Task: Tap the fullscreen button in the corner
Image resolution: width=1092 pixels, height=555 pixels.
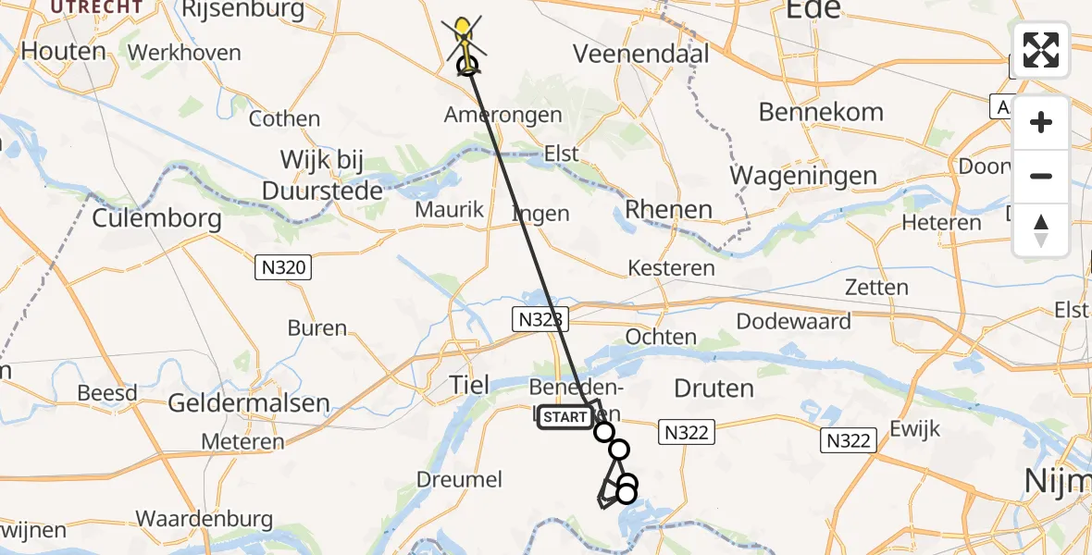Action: (x=1041, y=50)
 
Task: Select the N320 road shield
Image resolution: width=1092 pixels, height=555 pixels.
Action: (x=284, y=268)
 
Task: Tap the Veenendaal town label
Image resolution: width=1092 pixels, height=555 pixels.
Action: (x=634, y=55)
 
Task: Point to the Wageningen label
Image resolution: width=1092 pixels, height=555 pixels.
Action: (x=803, y=175)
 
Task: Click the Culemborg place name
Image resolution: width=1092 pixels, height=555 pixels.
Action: (x=156, y=219)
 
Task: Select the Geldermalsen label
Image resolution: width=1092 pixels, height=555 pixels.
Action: (x=249, y=403)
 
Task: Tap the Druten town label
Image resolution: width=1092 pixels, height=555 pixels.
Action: (x=714, y=388)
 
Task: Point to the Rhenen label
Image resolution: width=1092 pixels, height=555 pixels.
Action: (x=668, y=209)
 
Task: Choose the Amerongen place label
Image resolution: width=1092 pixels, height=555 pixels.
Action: (x=503, y=116)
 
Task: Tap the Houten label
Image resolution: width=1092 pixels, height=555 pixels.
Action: (x=63, y=51)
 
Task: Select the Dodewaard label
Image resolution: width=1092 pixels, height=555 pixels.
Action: (x=793, y=321)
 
